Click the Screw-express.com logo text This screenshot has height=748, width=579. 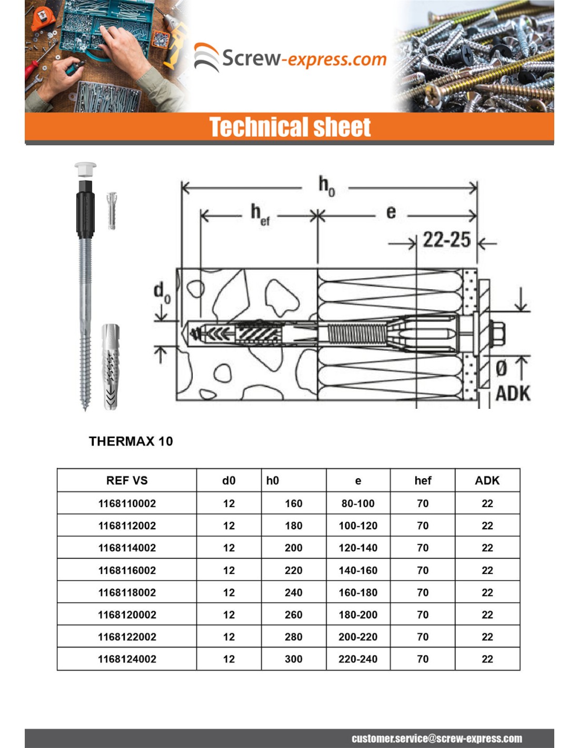(x=304, y=58)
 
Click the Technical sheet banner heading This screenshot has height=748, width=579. (x=290, y=127)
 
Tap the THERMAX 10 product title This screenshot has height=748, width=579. (x=131, y=441)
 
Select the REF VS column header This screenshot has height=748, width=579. (x=127, y=480)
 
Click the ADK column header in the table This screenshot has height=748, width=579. (x=487, y=480)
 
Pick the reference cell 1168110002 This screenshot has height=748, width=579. (x=127, y=503)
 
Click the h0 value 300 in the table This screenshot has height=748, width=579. (x=293, y=659)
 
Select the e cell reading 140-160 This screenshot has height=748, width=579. (x=358, y=570)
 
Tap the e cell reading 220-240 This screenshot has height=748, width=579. (x=358, y=659)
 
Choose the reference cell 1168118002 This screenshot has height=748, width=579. (x=127, y=592)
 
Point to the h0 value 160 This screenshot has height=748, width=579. (x=293, y=503)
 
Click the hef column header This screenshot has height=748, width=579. (x=423, y=480)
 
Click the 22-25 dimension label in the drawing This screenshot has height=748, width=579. (x=446, y=240)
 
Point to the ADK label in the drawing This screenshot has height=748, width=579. (x=513, y=393)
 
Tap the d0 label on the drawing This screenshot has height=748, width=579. (x=162, y=292)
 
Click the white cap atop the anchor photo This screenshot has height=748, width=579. (x=85, y=169)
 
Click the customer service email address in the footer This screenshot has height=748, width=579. (x=436, y=739)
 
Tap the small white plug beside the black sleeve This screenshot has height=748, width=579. (x=111, y=210)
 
